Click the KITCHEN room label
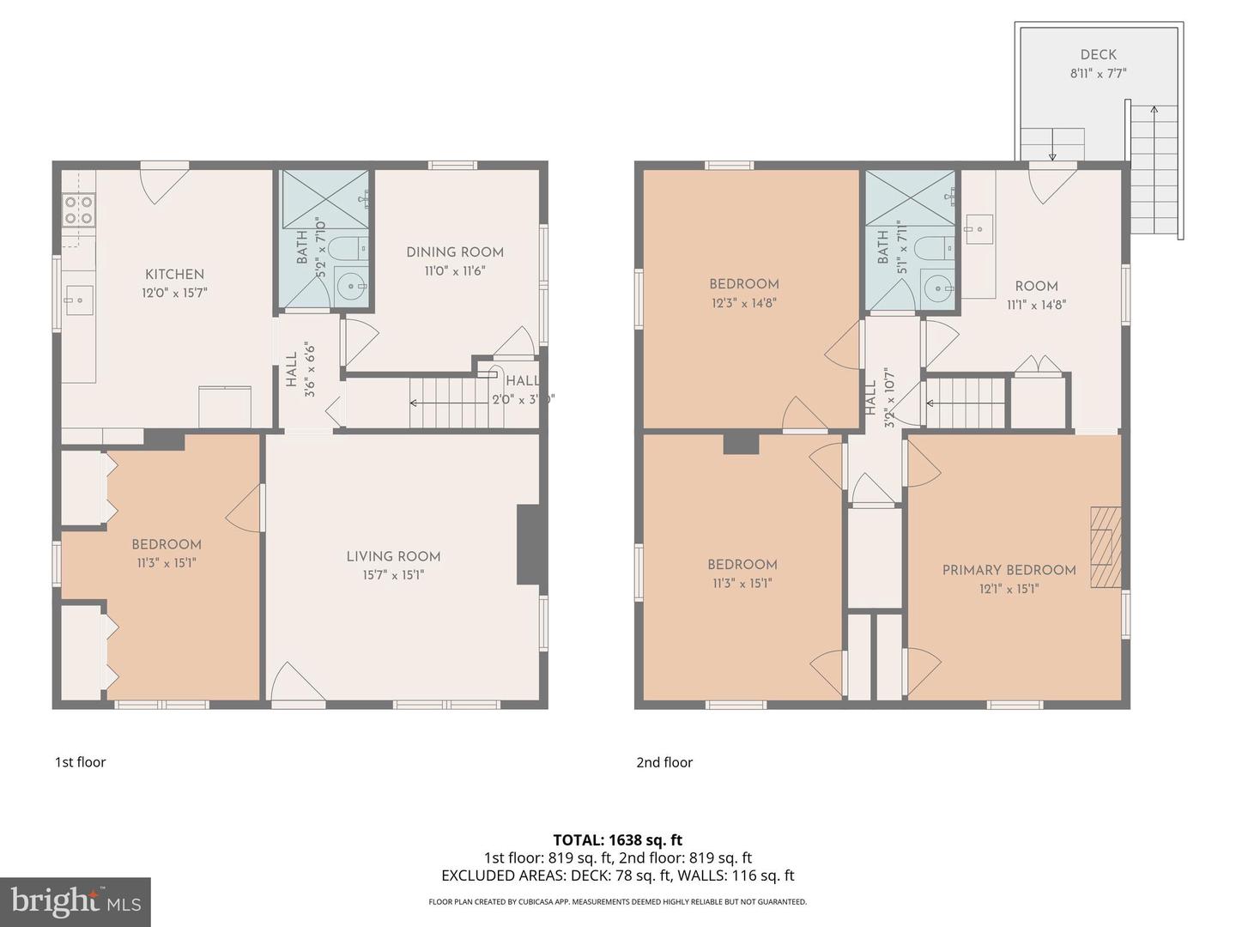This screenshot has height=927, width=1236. tap(174, 275)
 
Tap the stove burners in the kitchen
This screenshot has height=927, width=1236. tap(78, 210)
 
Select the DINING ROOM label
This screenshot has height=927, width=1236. tap(454, 252)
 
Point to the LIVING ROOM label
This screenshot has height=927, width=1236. tap(393, 557)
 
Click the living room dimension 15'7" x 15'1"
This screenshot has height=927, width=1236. tap(393, 575)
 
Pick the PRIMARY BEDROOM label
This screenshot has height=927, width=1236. tap(1009, 571)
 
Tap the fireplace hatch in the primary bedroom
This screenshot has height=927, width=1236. tap(1106, 548)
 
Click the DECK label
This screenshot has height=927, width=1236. tap(1098, 55)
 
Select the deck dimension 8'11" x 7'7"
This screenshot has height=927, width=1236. tap(1098, 74)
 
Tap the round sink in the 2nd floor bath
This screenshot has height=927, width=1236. tap(938, 288)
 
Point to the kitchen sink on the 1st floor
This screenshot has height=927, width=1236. tap(78, 300)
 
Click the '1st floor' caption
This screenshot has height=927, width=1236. tap(80, 762)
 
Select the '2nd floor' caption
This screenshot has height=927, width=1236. tap(663, 762)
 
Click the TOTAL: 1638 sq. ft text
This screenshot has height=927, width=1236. tap(617, 840)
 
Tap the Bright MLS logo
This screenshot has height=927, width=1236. tap(76, 901)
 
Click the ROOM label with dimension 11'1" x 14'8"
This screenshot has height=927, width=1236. tap(1036, 287)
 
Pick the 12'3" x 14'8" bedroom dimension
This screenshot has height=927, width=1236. tap(743, 303)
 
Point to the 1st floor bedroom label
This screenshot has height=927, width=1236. tap(167, 545)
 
